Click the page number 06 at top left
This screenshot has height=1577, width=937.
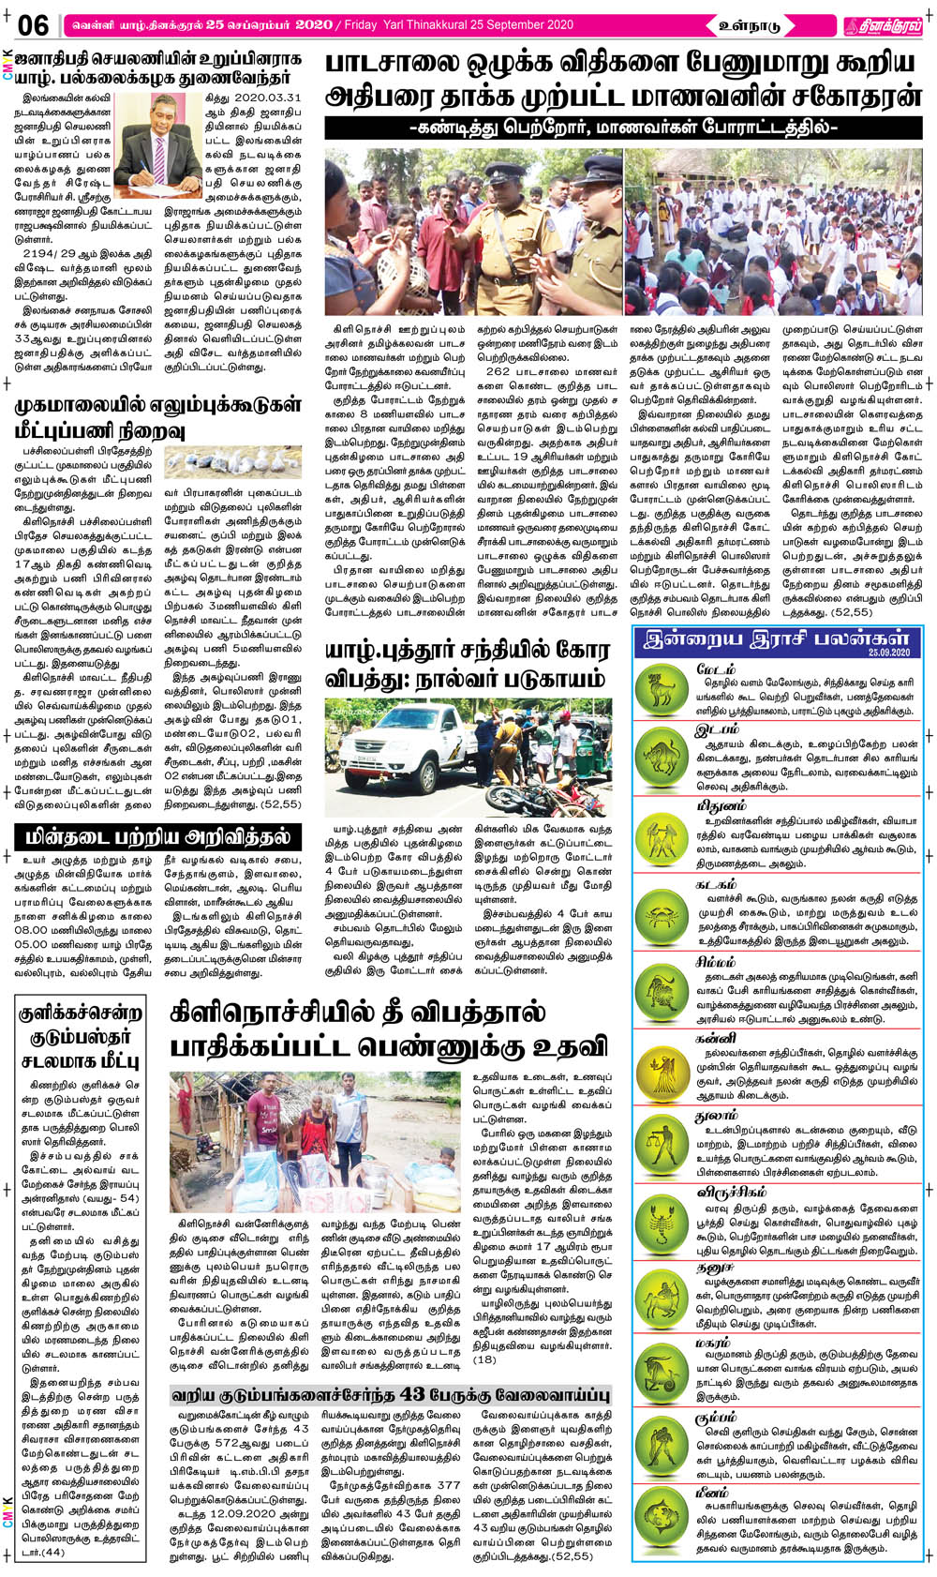pyautogui.click(x=33, y=24)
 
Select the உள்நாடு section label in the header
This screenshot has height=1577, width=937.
pyautogui.click(x=749, y=25)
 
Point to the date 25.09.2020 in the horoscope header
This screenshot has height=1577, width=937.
pyautogui.click(x=889, y=652)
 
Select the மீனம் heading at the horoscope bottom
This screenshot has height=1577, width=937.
pyautogui.click(x=713, y=1491)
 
